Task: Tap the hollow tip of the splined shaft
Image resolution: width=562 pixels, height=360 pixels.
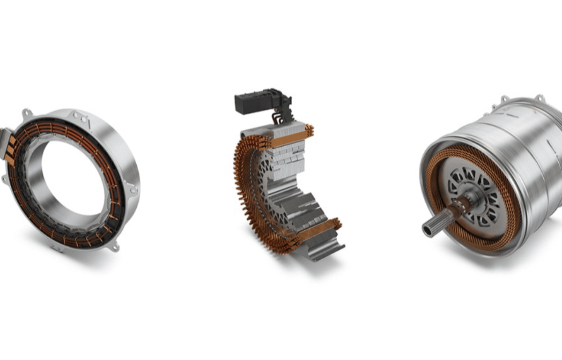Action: coord(429,230)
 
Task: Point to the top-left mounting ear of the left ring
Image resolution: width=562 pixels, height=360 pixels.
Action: coord(26,113)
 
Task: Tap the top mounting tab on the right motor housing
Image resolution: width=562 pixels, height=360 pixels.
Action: coord(504,99)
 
